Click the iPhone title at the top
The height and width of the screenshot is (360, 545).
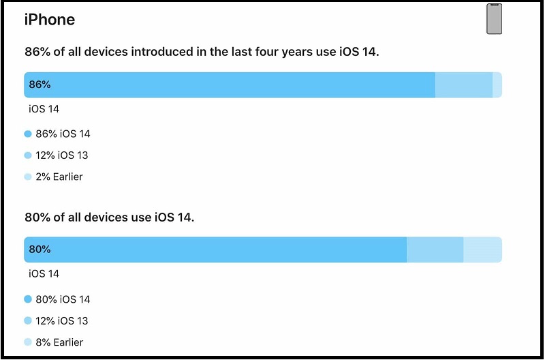point(50,20)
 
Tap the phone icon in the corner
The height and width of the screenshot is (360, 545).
point(494,18)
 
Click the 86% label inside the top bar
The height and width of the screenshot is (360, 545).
point(40,85)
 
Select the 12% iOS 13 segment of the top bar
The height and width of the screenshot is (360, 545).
point(463,85)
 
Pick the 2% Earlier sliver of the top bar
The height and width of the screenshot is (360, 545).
point(497,85)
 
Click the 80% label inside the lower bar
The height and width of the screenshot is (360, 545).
point(40,250)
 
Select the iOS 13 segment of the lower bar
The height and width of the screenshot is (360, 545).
point(435,250)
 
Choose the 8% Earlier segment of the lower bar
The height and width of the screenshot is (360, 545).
point(482,250)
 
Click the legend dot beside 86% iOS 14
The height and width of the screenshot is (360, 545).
point(28,134)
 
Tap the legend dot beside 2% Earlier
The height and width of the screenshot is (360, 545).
point(28,177)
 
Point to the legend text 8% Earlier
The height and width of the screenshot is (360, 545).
point(59,342)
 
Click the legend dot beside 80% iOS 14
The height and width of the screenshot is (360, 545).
point(28,299)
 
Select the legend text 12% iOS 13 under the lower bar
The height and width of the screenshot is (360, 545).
point(62,320)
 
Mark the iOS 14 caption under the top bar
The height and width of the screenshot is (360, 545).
point(44,109)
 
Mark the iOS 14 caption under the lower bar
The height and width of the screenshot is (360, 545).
point(44,274)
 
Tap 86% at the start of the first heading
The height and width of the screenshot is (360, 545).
point(36,52)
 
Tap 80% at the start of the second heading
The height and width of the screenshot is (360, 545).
point(36,217)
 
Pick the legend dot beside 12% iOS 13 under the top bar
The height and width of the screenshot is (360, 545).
point(28,155)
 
